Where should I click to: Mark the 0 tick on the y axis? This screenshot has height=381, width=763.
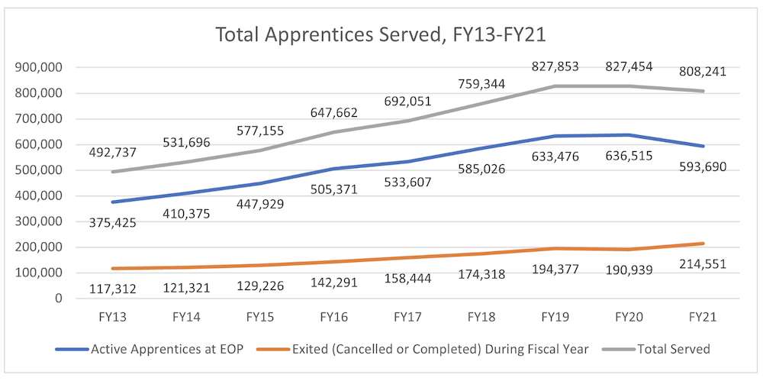click(x=57, y=299)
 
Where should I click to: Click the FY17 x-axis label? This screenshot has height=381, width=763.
click(x=406, y=315)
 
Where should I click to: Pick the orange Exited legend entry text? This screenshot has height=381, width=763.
click(x=442, y=349)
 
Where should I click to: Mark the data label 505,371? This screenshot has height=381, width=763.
click(x=334, y=189)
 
